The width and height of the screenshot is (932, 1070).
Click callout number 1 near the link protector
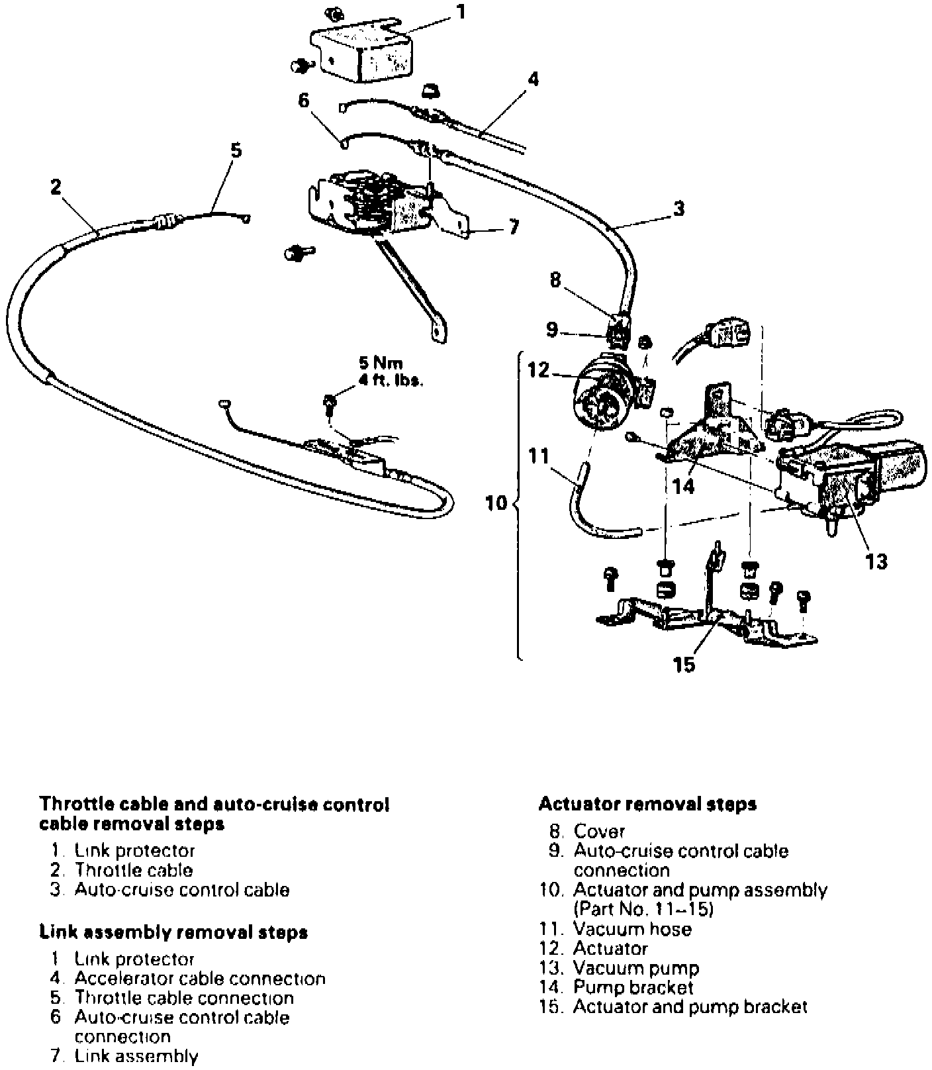point(461,12)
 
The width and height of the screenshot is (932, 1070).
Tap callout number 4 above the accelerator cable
point(533,80)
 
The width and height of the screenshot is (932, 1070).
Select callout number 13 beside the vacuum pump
point(876,561)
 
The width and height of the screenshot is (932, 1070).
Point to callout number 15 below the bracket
point(684,664)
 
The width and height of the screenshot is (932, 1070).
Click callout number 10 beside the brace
point(496,503)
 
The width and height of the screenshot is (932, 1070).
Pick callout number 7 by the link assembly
point(514,228)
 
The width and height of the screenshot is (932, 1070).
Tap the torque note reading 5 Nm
point(380,364)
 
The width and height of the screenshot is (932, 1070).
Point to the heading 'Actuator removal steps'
point(647,804)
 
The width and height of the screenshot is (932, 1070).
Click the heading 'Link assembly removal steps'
point(173,933)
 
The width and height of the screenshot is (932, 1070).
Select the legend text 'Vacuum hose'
point(631,930)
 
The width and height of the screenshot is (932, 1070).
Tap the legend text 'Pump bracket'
point(633,988)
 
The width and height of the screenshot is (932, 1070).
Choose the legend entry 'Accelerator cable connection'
point(199,979)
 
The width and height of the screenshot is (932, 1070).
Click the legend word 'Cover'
point(599,831)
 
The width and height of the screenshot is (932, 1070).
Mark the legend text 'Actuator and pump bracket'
point(690,1007)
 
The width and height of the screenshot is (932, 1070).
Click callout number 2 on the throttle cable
point(56,187)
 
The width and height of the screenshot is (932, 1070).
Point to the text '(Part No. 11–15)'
point(643,910)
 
